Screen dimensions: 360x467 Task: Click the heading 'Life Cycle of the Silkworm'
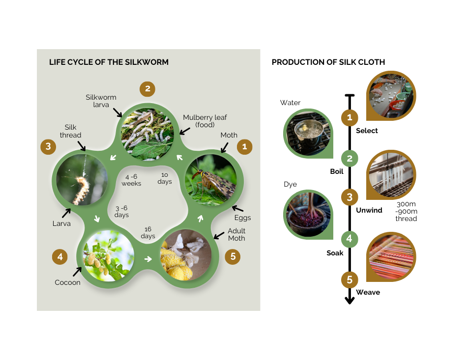(109, 62)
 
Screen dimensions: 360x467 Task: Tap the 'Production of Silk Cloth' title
(328, 62)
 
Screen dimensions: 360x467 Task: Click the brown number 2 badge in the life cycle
(147, 89)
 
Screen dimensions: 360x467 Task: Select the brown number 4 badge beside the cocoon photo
(60, 256)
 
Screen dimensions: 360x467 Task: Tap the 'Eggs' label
(242, 218)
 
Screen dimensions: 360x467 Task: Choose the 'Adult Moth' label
(236, 234)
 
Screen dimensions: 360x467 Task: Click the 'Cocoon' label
(67, 282)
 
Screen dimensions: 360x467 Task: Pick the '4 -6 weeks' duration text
(132, 180)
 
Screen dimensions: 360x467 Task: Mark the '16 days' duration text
(148, 233)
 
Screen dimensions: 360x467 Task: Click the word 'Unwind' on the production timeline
(369, 210)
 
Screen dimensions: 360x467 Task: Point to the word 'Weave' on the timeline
(368, 292)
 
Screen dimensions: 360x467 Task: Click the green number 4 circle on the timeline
(350, 239)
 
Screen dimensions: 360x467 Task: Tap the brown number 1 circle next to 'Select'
(350, 118)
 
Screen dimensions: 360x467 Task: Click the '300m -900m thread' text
(406, 211)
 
